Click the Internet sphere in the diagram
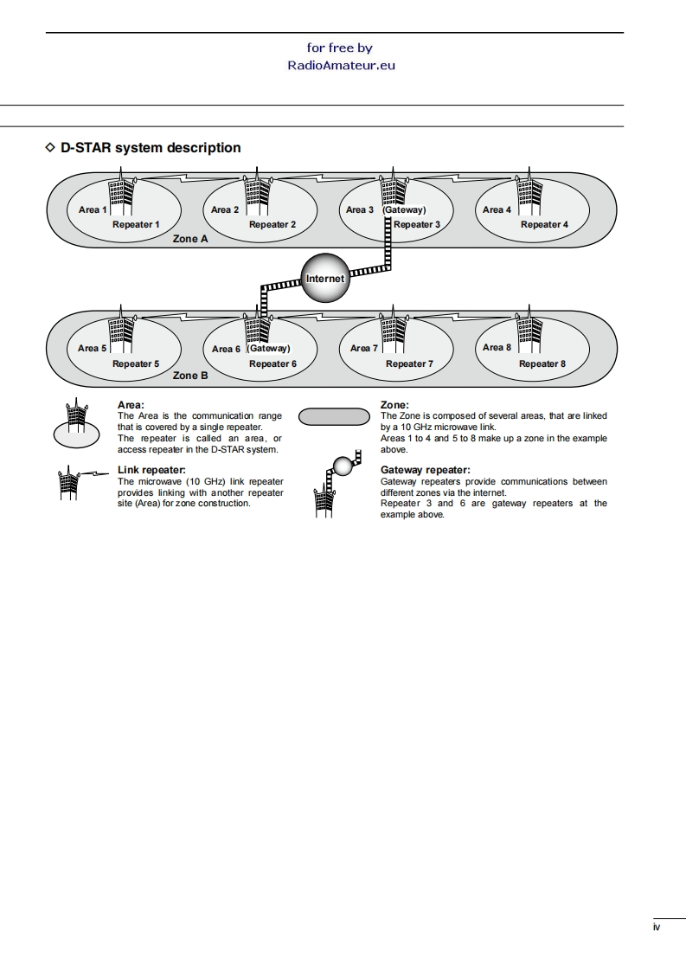324,279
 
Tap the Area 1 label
93,209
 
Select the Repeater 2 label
272,225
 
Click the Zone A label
190,238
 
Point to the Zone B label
190,376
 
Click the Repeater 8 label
542,363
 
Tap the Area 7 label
364,348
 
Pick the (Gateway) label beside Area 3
405,209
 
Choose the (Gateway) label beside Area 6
268,348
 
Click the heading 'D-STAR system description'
151,148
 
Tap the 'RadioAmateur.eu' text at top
341,65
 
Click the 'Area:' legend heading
131,405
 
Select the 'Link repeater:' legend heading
151,470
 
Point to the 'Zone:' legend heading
394,405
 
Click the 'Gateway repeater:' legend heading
425,470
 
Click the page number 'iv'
657,928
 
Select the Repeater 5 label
136,363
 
